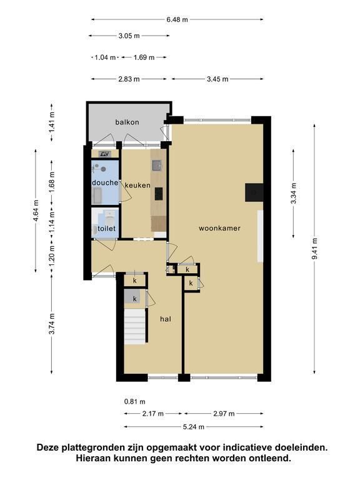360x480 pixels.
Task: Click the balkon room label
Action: [127, 122]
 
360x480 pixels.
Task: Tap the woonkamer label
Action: [219, 228]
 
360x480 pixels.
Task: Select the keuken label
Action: [137, 186]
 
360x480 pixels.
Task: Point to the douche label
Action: [105, 182]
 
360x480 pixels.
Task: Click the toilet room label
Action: [106, 229]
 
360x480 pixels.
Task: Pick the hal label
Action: [166, 319]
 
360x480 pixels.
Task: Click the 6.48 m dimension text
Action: [177, 19]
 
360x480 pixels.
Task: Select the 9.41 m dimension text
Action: [315, 248]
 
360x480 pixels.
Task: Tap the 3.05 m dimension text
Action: [129, 36]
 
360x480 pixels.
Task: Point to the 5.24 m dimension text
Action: [194, 427]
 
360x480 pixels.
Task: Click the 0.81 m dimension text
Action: [135, 402]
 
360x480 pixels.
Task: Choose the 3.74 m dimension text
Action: [52, 324]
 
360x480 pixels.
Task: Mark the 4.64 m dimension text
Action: [36, 211]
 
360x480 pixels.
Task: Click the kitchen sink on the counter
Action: [157, 166]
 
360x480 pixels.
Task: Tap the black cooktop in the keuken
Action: [159, 194]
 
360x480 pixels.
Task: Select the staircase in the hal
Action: [135, 326]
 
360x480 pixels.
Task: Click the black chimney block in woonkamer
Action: [254, 192]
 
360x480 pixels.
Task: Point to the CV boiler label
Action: [105, 154]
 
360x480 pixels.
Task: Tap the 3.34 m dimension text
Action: [294, 194]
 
